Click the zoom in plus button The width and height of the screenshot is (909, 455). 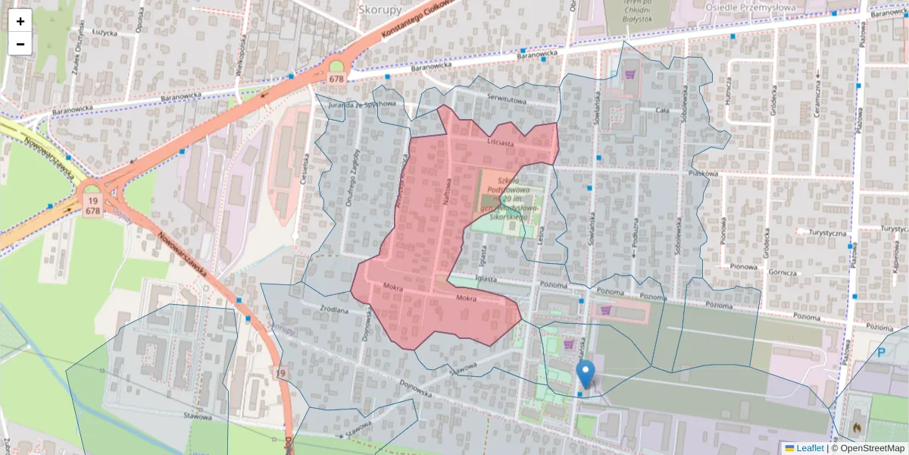click(20, 21)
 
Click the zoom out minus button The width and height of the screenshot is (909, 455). click(20, 44)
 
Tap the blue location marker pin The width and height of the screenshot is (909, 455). click(586, 374)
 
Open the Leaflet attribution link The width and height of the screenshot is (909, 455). click(809, 448)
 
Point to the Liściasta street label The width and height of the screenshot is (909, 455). click(501, 142)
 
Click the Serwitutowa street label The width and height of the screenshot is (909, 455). click(506, 99)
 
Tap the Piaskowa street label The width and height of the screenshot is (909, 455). click(703, 173)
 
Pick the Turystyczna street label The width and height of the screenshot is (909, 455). click(826, 233)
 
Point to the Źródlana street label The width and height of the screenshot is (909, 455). click(333, 309)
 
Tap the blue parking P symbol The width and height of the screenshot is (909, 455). click(881, 353)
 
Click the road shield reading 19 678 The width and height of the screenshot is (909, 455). click(93, 205)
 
